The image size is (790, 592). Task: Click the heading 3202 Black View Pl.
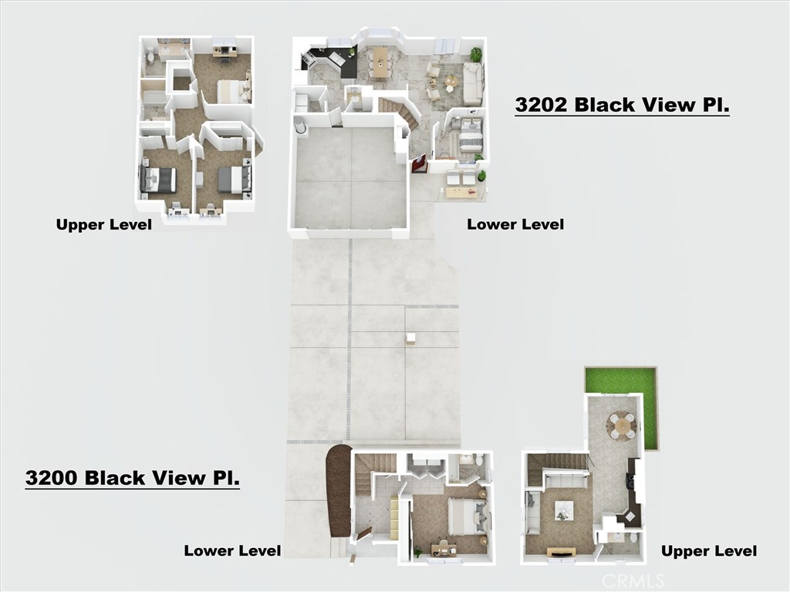(622, 106)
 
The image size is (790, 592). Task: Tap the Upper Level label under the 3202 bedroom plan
(103, 224)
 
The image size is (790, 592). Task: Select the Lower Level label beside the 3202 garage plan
(515, 224)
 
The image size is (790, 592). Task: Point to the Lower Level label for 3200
(232, 550)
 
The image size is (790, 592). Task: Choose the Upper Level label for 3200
(708, 550)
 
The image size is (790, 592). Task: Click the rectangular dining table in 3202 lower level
(379, 62)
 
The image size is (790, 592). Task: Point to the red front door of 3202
(420, 163)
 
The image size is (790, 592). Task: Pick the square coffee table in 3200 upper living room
(563, 510)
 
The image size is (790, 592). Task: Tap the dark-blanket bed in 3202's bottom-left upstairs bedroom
(159, 180)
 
